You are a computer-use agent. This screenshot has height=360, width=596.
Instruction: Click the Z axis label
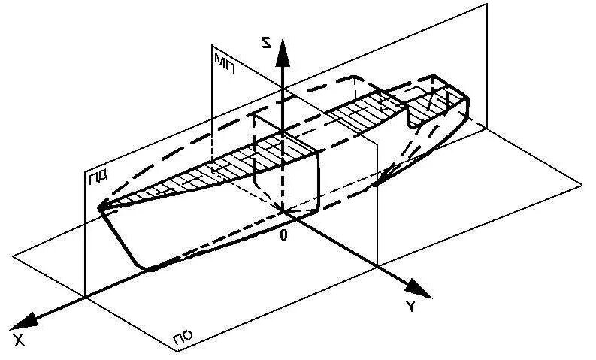[x=264, y=44]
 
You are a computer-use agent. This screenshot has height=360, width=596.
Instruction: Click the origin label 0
[x=283, y=236]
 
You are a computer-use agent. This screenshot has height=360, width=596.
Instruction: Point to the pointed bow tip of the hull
[x=100, y=208]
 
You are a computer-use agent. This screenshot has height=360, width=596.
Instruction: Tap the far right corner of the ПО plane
[x=582, y=183]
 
